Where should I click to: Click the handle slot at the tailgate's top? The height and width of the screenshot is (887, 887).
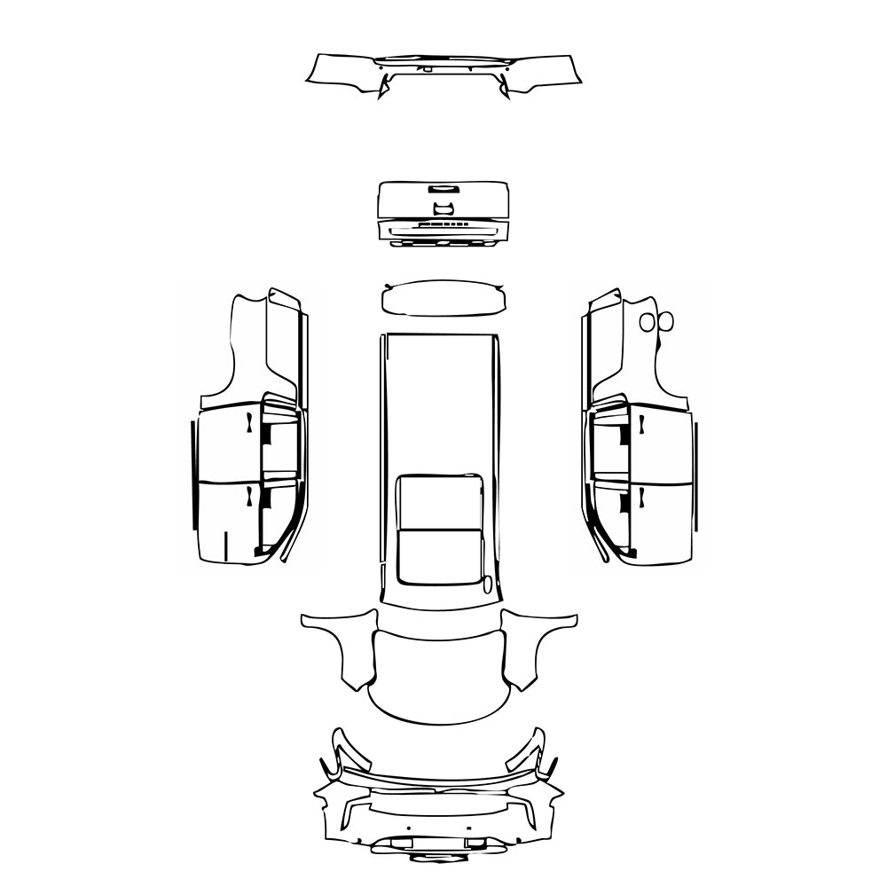coord(441,188)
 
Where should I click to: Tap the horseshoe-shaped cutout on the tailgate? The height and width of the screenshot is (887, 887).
coord(443,208)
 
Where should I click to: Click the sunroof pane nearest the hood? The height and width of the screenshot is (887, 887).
coord(440,556)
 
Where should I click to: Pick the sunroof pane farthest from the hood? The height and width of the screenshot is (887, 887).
coord(440,501)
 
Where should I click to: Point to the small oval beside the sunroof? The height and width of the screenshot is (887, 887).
coord(487,584)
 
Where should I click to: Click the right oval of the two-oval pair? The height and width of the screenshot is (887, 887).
coord(667,321)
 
